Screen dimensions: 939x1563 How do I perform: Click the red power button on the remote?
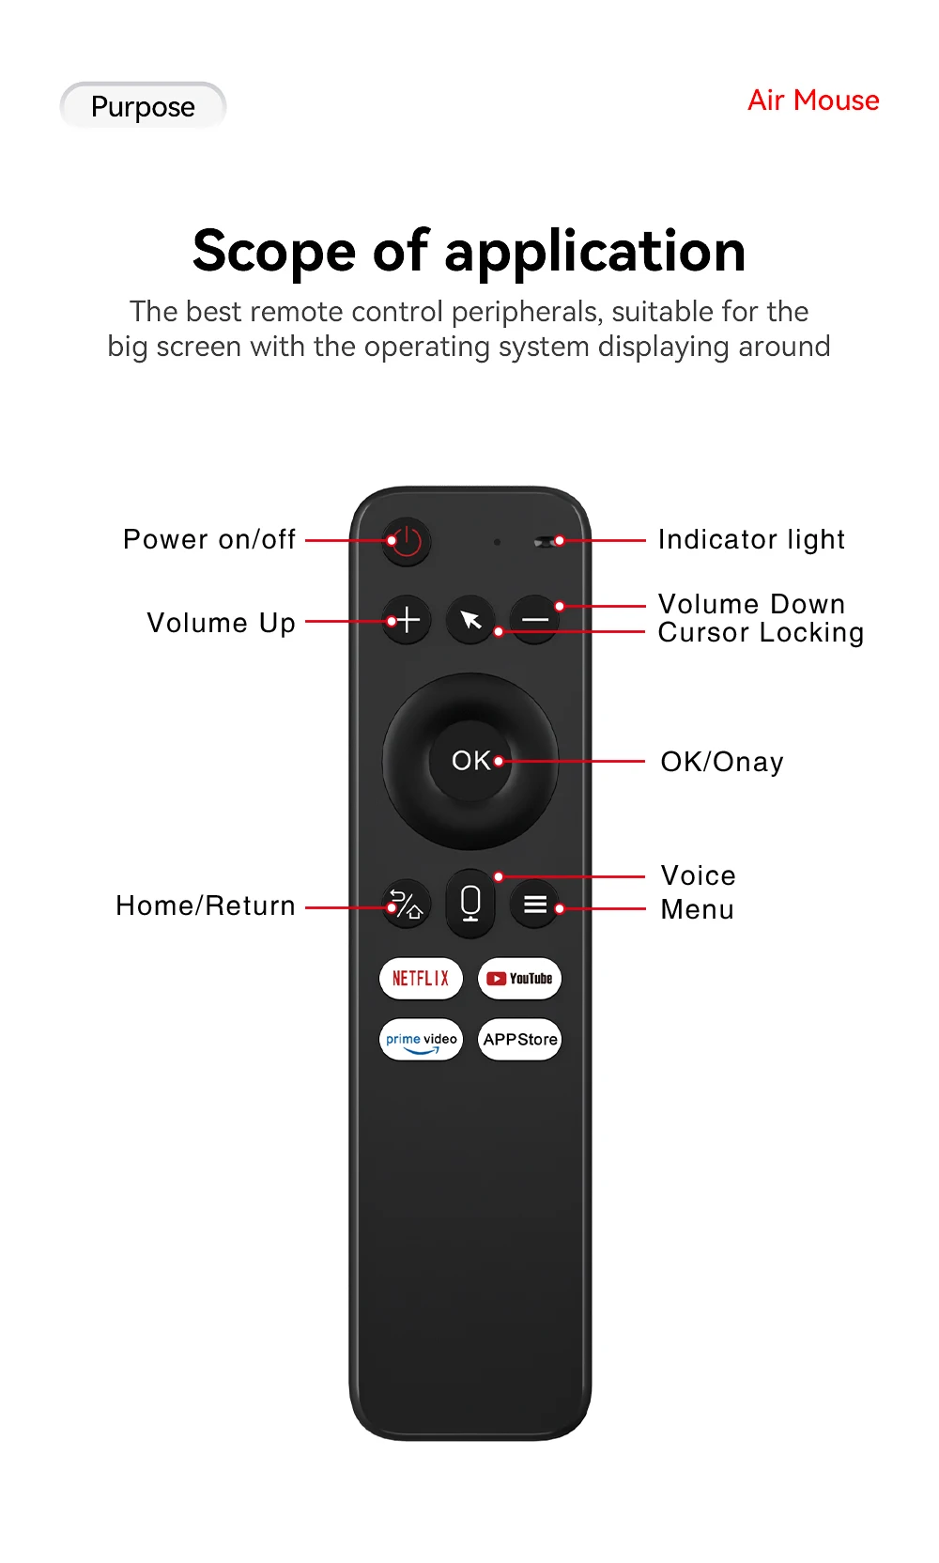point(406,541)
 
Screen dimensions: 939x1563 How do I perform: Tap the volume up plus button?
point(406,620)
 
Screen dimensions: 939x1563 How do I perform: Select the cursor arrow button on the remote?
point(470,620)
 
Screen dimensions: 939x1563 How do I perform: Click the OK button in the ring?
point(470,761)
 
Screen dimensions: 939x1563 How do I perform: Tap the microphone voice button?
point(470,903)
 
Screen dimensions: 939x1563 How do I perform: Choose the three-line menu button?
point(534,905)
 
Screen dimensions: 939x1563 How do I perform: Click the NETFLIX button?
point(421,978)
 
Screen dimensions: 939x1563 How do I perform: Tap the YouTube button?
point(519,978)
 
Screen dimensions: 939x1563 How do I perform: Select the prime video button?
point(421,1039)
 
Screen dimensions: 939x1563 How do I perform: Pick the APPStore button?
point(519,1039)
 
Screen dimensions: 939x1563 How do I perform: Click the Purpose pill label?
point(143,106)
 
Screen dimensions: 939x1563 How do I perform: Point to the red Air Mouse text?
point(813,101)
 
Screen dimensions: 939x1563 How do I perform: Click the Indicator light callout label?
point(751,539)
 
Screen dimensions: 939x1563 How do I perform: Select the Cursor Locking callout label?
point(762,633)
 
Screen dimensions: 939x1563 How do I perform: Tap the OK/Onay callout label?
point(722,762)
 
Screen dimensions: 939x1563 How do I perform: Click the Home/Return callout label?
point(206,905)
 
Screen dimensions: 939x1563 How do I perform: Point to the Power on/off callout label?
point(209,539)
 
